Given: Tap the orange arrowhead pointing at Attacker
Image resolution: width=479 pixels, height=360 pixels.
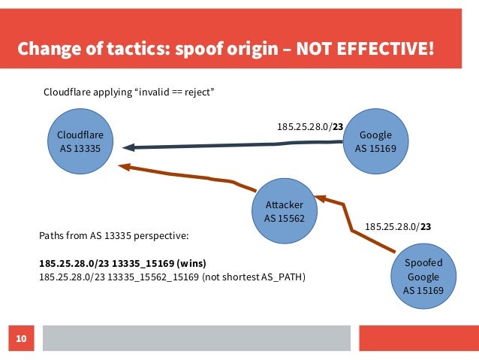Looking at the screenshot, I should [x=321, y=199].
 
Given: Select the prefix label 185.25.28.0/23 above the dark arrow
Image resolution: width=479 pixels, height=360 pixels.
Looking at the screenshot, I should [x=309, y=128].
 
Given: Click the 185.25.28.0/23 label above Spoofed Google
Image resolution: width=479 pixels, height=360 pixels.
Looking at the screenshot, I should [x=397, y=225].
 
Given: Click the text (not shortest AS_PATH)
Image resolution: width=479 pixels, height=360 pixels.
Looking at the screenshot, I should [x=254, y=277].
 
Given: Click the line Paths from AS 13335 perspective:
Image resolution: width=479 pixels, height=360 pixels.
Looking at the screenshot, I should [x=113, y=235].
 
